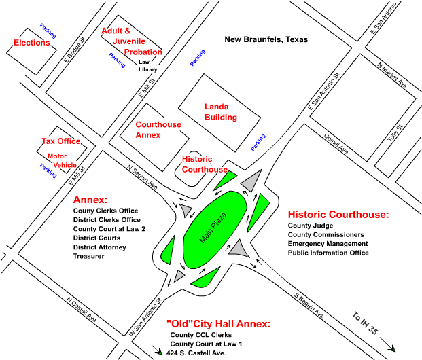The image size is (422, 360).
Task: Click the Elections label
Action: click(32, 43)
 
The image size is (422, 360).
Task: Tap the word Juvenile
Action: click(129, 41)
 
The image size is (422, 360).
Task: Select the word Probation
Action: click(143, 52)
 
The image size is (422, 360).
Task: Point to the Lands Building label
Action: click(221, 112)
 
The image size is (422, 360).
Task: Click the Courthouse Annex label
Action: click(158, 130)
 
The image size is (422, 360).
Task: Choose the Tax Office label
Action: click(60, 141)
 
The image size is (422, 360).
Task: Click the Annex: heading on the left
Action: click(90, 200)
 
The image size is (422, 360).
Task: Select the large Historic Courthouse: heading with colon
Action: click(338, 215)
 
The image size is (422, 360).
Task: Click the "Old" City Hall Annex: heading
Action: click(218, 324)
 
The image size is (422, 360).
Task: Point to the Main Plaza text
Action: click(213, 228)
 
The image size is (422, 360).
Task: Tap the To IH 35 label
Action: click(365, 323)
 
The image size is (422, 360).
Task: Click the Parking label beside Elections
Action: click(48, 31)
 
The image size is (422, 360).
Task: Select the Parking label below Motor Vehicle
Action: click(48, 171)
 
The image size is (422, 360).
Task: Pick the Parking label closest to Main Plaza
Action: click(258, 142)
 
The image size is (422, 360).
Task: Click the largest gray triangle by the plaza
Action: click(252, 181)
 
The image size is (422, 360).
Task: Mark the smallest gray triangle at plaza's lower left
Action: click(179, 276)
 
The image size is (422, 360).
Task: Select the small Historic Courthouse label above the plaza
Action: click(204, 164)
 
